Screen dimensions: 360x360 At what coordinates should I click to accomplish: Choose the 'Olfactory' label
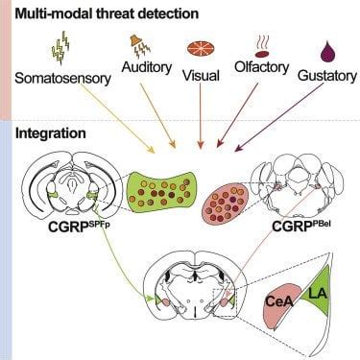click(263, 67)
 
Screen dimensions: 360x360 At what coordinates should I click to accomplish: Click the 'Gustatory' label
click(324, 74)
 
